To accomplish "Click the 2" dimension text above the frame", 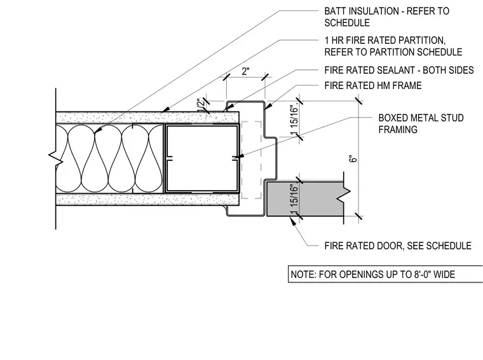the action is (245, 71).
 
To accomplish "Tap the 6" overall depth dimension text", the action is (353, 159).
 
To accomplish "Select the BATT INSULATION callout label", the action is (386, 17).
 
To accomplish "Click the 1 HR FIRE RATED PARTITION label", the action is (393, 46).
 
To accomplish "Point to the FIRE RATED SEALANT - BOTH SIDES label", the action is (399, 70).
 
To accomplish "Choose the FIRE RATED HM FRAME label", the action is (373, 85).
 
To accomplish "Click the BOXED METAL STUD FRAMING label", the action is (421, 123).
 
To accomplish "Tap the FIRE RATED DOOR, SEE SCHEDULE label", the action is (398, 246).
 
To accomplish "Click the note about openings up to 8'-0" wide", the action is (372, 274).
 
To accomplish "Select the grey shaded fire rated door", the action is (305, 199).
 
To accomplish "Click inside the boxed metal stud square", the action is (202, 158).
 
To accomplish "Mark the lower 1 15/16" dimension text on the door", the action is (294, 200).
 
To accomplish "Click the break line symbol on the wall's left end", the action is (56, 159).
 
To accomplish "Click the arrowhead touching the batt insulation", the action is (98, 130).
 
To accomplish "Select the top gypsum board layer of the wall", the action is (147, 118).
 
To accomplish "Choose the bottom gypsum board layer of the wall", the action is (147, 200).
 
